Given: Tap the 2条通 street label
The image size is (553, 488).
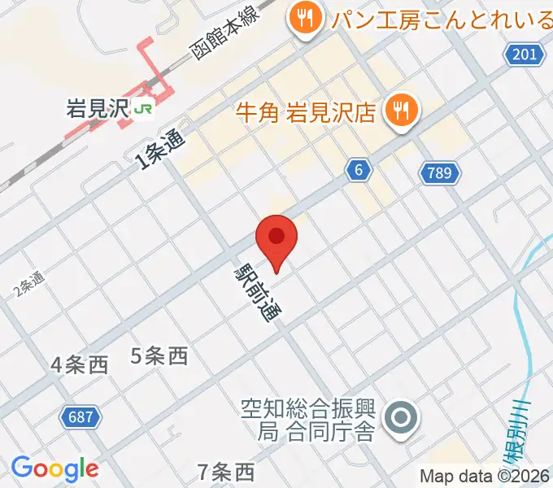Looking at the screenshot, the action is [28, 284].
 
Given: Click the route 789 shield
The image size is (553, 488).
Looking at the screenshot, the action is [441, 172].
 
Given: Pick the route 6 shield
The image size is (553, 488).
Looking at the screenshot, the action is [358, 169].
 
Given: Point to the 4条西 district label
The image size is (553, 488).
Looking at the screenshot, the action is [79, 365].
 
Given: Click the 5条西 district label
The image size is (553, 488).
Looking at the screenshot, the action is [159, 355].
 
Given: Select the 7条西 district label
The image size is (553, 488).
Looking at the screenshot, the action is [226, 471].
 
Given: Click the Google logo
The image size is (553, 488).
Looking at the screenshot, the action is [54, 468].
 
